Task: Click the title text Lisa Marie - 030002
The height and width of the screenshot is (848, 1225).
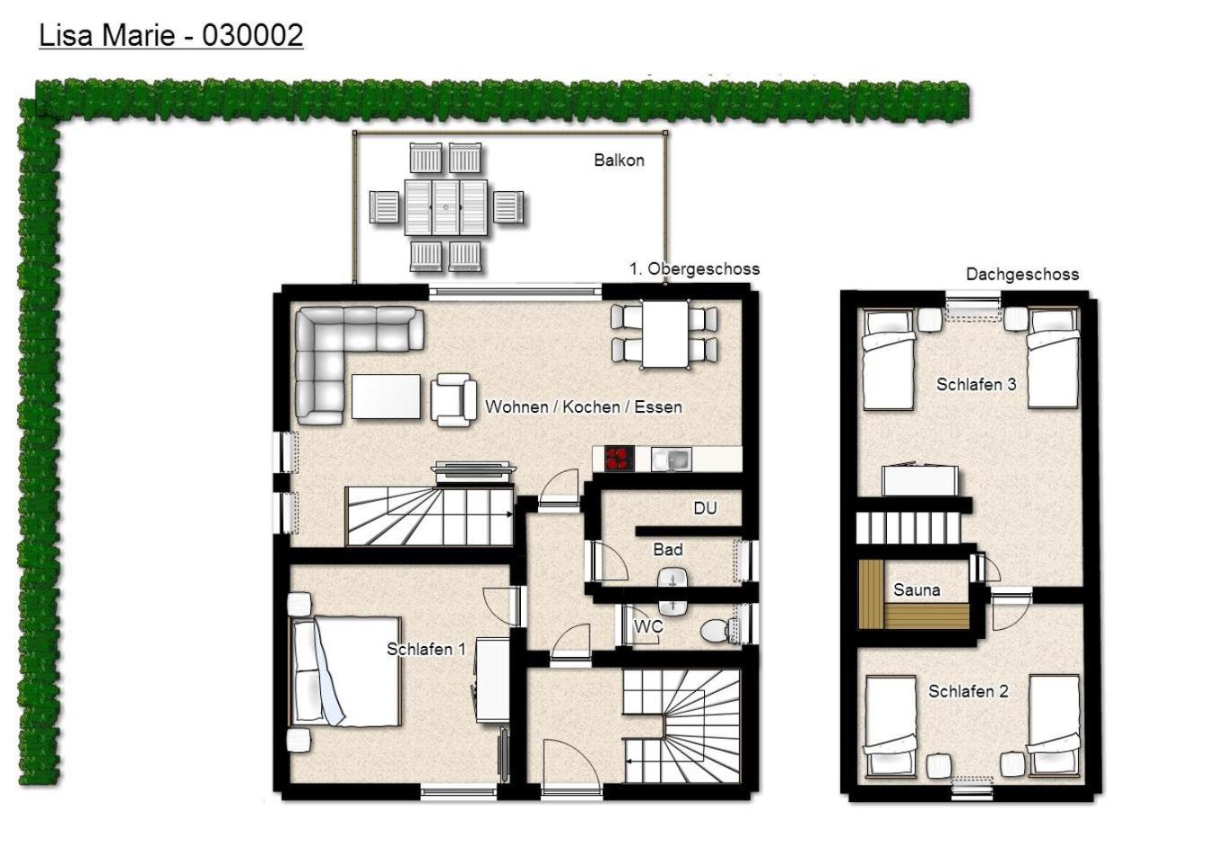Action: (171, 36)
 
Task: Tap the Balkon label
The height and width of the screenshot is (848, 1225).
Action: (619, 161)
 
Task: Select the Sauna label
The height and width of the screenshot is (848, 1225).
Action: (917, 590)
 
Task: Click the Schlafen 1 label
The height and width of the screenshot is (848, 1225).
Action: (426, 649)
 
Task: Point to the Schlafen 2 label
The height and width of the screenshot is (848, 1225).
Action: (968, 691)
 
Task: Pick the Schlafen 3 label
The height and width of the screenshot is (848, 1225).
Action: (977, 384)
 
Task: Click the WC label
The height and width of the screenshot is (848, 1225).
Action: (648, 625)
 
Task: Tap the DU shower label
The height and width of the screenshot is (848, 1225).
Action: (705, 508)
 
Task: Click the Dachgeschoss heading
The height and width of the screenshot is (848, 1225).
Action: (1022, 274)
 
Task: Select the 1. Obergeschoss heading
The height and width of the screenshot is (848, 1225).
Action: (694, 268)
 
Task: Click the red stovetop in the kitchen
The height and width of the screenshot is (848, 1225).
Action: (620, 459)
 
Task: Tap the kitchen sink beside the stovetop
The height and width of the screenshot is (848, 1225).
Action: (672, 459)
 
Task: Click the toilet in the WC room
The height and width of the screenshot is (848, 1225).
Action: (718, 630)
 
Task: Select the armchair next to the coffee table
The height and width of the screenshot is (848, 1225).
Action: (454, 400)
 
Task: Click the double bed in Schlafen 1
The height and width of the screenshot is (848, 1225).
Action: (345, 671)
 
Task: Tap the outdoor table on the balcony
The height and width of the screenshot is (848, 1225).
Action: (446, 208)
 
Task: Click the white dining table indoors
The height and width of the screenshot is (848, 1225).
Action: (665, 335)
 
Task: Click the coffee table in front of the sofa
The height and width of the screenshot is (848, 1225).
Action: (387, 397)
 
